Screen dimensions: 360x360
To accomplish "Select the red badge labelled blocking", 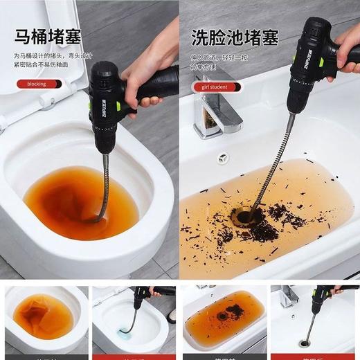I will coord(39,84).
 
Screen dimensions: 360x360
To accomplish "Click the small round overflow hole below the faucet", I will coord(223,159).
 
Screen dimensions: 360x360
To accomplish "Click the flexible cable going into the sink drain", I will coord(270,166).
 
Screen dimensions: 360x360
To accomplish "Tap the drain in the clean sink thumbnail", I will coord(305,343).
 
